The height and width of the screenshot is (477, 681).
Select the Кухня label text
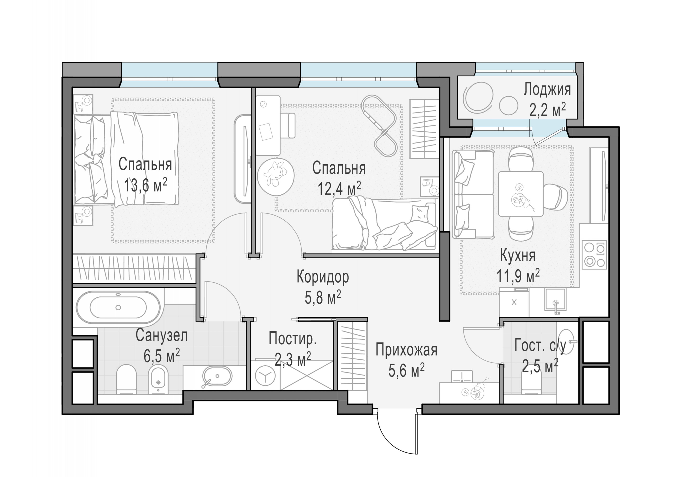[x=518, y=255]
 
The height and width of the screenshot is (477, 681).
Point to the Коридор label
[x=323, y=277]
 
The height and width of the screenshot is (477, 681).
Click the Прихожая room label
[x=406, y=350]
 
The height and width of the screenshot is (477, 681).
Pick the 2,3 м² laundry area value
[x=293, y=359]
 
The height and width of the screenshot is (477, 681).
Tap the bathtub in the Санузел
[x=118, y=307]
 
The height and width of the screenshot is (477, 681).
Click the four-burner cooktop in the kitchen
[x=594, y=255]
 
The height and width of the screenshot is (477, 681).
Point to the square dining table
[x=521, y=194]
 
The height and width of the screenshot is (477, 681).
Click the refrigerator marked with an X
[x=514, y=302]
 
